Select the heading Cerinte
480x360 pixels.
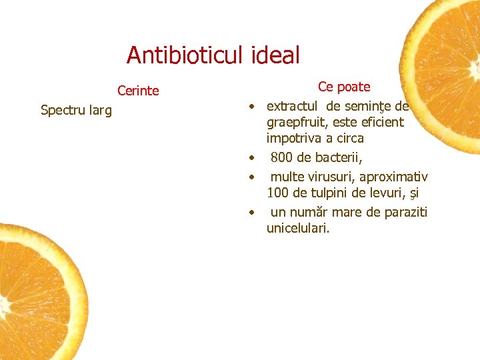[x=138, y=91]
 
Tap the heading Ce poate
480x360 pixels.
[x=344, y=87]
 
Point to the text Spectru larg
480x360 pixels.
[x=76, y=110]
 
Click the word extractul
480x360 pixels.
[x=292, y=105]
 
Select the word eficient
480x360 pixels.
[x=383, y=123]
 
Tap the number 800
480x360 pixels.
[x=281, y=158]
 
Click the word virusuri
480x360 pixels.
[x=331, y=177]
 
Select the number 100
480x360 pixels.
[x=277, y=194]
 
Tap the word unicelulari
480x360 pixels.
[x=298, y=229]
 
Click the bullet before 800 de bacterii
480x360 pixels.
[x=252, y=159]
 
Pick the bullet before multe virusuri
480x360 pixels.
[x=252, y=177]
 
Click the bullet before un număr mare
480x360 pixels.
[x=252, y=213]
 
